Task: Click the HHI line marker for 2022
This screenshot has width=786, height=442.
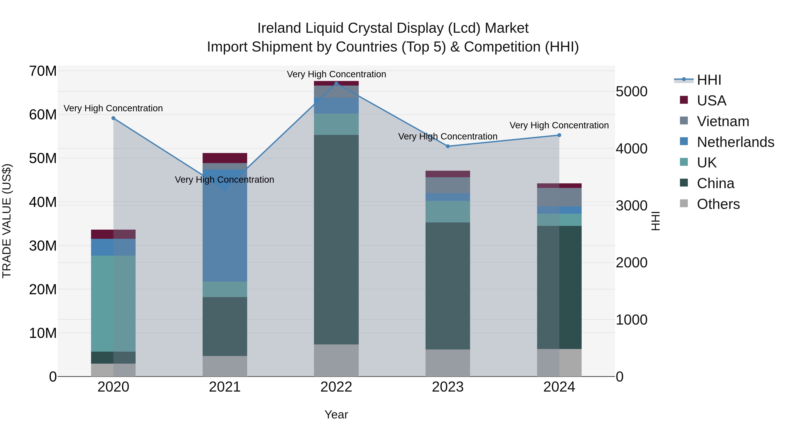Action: pos(336,83)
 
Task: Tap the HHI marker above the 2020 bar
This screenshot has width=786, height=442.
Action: pos(113,118)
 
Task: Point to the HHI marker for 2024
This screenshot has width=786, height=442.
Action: pos(559,135)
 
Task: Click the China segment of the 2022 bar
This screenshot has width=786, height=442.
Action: pos(336,239)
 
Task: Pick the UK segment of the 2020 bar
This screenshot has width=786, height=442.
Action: pos(113,304)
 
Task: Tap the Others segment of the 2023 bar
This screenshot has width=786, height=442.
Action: pos(448,363)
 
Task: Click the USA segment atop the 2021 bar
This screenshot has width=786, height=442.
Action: pos(225,158)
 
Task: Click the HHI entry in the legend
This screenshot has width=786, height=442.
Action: pos(709,80)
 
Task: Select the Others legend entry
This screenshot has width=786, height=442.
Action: pos(718,204)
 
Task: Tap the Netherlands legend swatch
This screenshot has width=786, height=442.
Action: pos(684,141)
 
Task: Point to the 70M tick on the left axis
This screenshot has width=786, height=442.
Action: pos(43,71)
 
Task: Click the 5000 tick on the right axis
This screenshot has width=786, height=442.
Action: pos(631,91)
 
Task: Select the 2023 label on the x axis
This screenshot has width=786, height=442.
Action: pos(448,387)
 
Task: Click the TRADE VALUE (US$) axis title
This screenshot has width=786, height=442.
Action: pos(7,221)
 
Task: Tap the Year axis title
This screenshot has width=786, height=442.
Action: pos(336,414)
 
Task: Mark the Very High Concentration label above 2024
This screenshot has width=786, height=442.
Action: pos(559,125)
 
